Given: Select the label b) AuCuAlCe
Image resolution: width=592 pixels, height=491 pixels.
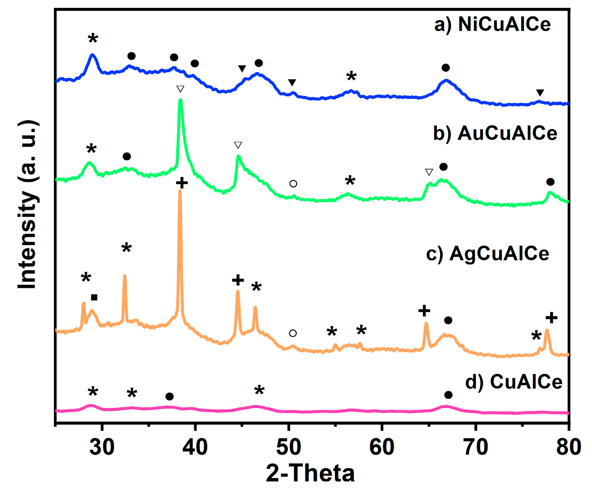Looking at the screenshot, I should point(495,133).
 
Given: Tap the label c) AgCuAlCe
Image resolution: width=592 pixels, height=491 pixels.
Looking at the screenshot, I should point(487,253).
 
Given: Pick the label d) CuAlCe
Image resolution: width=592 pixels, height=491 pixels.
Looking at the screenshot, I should point(514,382).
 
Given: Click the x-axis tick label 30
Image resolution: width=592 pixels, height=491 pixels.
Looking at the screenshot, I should point(102,447).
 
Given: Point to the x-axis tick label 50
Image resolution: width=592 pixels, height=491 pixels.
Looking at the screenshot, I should point(289,447).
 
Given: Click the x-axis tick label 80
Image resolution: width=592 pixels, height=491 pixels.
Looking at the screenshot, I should point(568,447).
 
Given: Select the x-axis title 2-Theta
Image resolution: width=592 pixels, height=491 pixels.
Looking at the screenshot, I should point(310,473).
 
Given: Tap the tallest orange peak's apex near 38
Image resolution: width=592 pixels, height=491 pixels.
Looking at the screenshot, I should point(180,191).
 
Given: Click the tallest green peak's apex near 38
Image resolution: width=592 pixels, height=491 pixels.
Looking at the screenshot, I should point(181,100).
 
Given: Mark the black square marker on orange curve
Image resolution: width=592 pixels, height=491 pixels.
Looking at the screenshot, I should point(94,298).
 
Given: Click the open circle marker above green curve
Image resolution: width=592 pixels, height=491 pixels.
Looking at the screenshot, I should point(293,184).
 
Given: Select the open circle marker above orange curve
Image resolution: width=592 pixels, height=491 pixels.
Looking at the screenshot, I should point(293,333).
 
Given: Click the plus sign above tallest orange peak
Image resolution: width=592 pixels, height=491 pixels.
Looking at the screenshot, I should point(182,183).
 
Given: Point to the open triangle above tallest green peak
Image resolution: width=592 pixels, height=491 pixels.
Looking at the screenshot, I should point(181,89).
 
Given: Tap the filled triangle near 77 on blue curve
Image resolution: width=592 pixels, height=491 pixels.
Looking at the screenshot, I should point(540,93).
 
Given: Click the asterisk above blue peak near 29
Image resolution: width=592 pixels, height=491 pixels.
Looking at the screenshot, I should point(93,38).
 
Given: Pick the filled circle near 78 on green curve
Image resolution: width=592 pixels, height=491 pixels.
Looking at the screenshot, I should point(550,182).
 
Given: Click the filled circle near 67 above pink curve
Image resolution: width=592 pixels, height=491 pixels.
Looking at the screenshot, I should point(448,395).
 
